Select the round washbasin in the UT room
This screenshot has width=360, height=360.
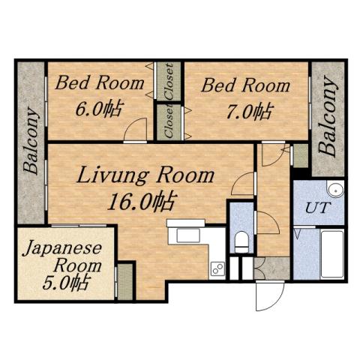point(334,189)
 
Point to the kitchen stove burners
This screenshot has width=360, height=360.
point(217,268)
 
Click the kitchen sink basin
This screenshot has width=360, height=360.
point(185,235)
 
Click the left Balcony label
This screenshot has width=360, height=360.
point(31,142)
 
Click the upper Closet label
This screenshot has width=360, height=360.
point(169,82)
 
